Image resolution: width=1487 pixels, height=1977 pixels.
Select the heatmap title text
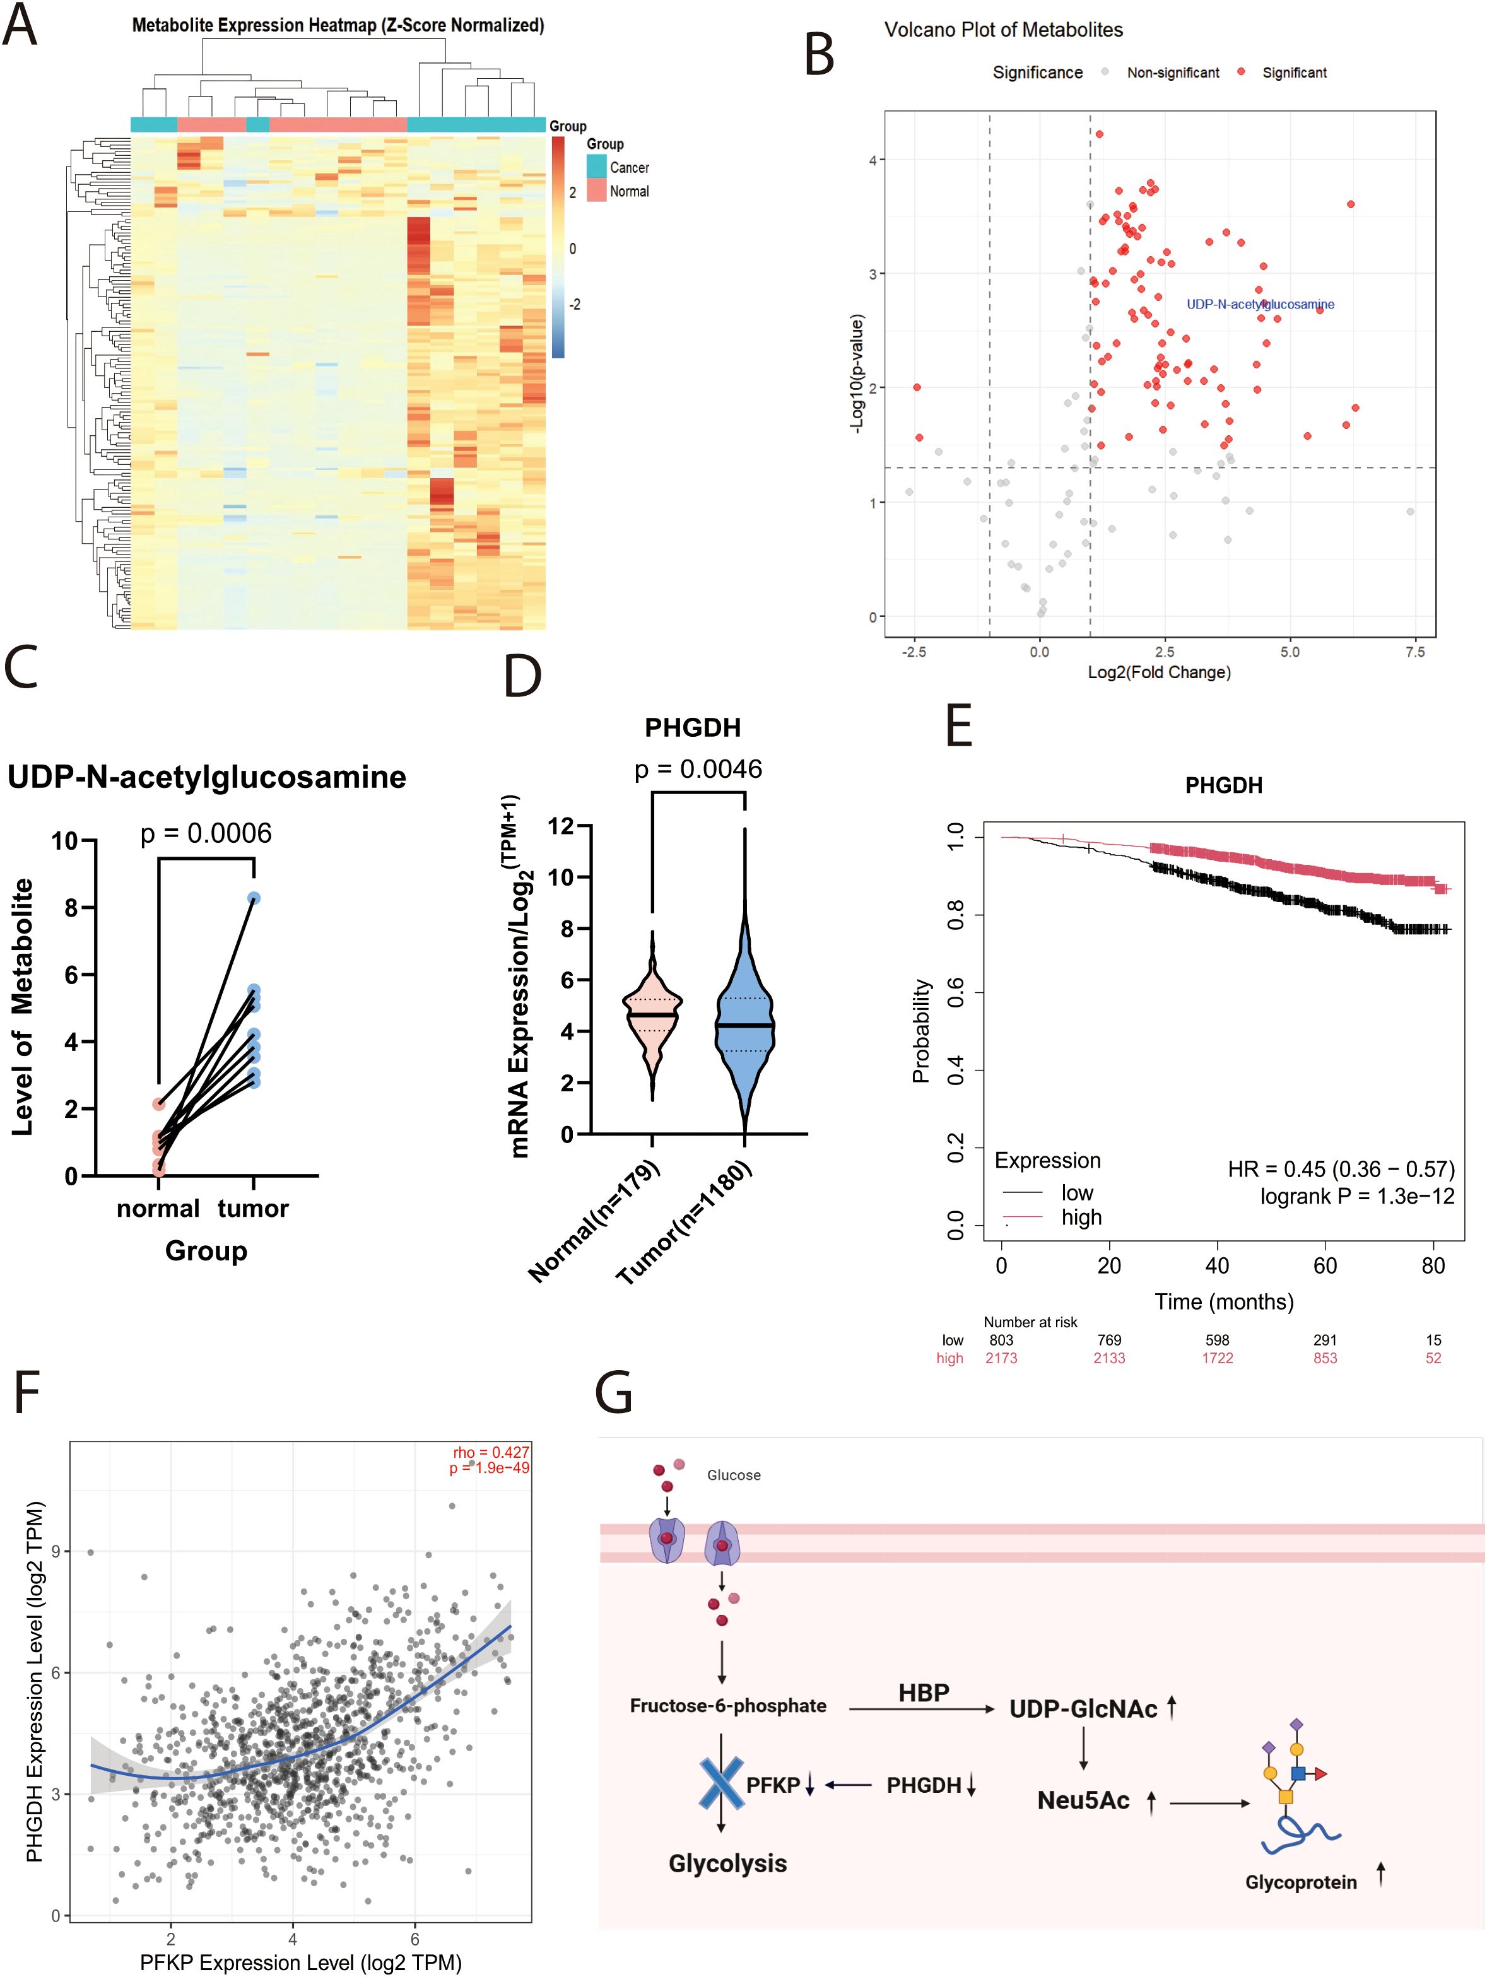tap(338, 25)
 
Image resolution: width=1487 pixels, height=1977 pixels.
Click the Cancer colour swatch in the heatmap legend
tap(596, 167)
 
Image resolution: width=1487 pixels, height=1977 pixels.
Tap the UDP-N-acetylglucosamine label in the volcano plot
tap(1260, 304)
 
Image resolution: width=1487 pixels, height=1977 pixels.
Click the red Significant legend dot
tap(1241, 71)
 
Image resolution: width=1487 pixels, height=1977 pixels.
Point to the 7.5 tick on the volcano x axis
tap(1414, 652)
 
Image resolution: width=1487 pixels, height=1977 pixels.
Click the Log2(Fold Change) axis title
tap(1159, 672)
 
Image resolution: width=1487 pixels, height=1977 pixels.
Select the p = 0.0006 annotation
tap(206, 833)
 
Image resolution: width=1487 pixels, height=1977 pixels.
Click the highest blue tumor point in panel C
tap(254, 897)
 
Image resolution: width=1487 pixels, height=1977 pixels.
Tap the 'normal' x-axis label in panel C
tap(158, 1209)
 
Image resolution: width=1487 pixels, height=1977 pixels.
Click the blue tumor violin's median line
tap(744, 1025)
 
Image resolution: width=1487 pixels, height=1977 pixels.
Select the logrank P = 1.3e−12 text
tap(1356, 1196)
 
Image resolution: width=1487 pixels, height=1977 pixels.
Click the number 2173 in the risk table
tap(1001, 1358)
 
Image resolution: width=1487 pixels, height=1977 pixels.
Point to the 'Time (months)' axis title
tap(1223, 1301)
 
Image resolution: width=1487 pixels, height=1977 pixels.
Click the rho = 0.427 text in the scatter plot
tap(491, 1452)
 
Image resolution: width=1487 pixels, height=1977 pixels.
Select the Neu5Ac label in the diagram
tap(1083, 1800)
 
